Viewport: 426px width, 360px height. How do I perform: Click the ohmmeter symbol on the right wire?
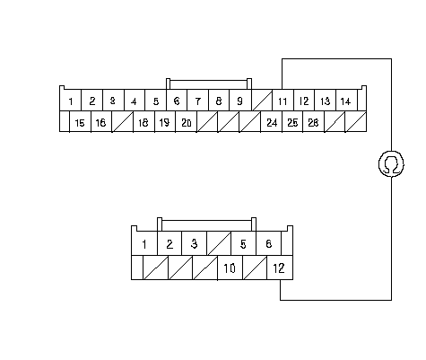391,163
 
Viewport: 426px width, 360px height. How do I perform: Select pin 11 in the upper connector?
283,101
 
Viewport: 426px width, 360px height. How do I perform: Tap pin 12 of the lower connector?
280,268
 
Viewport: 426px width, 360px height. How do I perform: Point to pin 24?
272,121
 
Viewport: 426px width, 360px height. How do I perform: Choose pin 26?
313,121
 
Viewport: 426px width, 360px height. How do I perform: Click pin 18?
143,121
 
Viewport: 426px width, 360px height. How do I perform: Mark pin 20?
186,121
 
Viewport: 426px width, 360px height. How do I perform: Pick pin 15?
80,121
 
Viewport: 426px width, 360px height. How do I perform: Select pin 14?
346,101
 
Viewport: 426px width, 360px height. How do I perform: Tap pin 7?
197,101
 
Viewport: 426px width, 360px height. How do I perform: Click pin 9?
240,101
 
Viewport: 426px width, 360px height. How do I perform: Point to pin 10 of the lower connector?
230,268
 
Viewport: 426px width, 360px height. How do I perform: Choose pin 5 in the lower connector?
243,243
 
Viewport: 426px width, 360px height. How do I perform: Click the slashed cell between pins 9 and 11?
262,101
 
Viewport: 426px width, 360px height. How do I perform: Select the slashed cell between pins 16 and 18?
123,121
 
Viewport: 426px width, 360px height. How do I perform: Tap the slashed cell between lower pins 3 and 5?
219,243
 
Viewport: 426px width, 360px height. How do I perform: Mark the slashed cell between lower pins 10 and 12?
255,268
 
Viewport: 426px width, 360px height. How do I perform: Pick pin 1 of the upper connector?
71,101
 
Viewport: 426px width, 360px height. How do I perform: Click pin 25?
292,121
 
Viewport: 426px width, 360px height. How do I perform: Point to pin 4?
135,101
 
